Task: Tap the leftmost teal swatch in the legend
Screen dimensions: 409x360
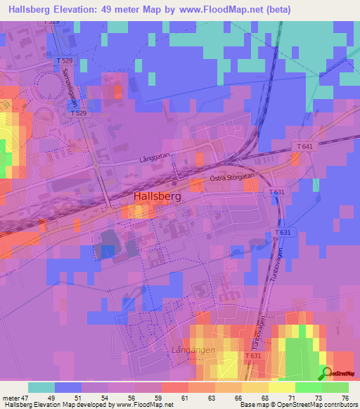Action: pos(41,387)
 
